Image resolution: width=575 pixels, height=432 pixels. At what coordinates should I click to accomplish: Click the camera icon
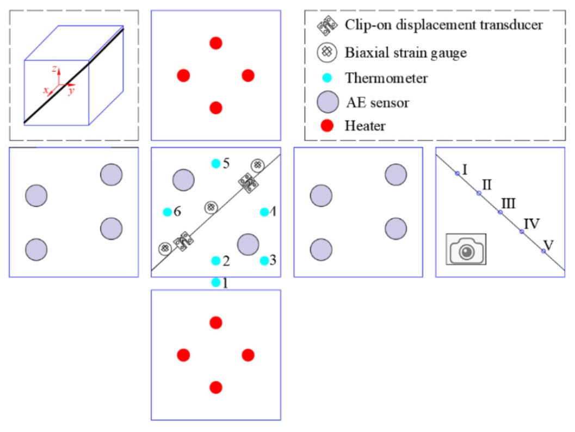pyautogui.click(x=466, y=250)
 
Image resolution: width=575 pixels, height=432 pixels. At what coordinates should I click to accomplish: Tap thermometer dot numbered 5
pyautogui.click(x=216, y=163)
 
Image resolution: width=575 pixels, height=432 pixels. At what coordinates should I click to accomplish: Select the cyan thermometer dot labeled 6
pyautogui.click(x=168, y=212)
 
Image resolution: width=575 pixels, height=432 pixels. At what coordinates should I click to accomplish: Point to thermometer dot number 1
pyautogui.click(x=216, y=282)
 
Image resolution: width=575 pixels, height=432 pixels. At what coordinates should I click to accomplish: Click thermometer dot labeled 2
pyautogui.click(x=216, y=261)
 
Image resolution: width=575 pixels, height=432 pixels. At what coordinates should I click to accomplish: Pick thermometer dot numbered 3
pyautogui.click(x=264, y=261)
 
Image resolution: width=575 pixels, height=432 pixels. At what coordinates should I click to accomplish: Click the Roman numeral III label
pyautogui.click(x=509, y=204)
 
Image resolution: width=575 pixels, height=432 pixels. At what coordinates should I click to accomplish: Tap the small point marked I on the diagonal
pyautogui.click(x=457, y=173)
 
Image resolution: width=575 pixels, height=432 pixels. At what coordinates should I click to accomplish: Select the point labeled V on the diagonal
pyautogui.click(x=543, y=251)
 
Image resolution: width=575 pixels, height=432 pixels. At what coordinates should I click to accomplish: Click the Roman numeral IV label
pyautogui.click(x=531, y=223)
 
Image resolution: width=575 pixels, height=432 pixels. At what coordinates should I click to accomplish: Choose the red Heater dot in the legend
pyautogui.click(x=326, y=126)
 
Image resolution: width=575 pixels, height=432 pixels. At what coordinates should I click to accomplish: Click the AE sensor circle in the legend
pyautogui.click(x=326, y=102)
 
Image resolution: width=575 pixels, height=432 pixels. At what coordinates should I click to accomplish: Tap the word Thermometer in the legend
pyautogui.click(x=386, y=78)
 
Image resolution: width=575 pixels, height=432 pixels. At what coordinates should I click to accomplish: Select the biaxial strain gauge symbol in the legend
pyautogui.click(x=326, y=53)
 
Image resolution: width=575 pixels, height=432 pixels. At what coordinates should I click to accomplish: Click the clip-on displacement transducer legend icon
pyautogui.click(x=326, y=25)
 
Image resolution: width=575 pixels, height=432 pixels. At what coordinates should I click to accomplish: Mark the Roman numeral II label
pyautogui.click(x=487, y=184)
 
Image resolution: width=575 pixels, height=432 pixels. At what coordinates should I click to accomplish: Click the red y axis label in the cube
pyautogui.click(x=71, y=91)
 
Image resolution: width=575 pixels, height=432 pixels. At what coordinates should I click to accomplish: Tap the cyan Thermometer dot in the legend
pyautogui.click(x=326, y=78)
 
